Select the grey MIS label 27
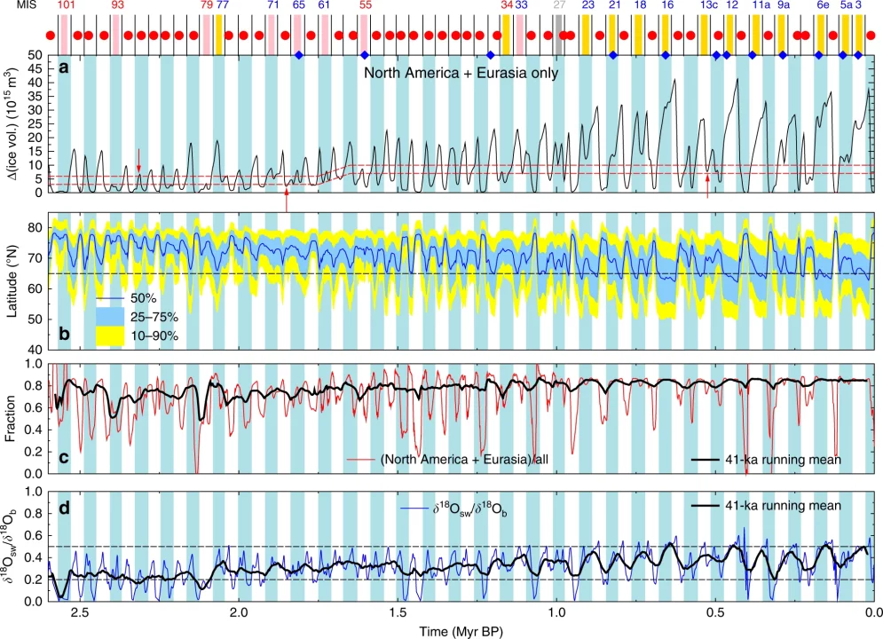point(558,5)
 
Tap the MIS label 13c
point(708,5)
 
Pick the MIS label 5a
point(846,5)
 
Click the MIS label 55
point(366,5)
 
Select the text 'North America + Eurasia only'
point(461,73)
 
